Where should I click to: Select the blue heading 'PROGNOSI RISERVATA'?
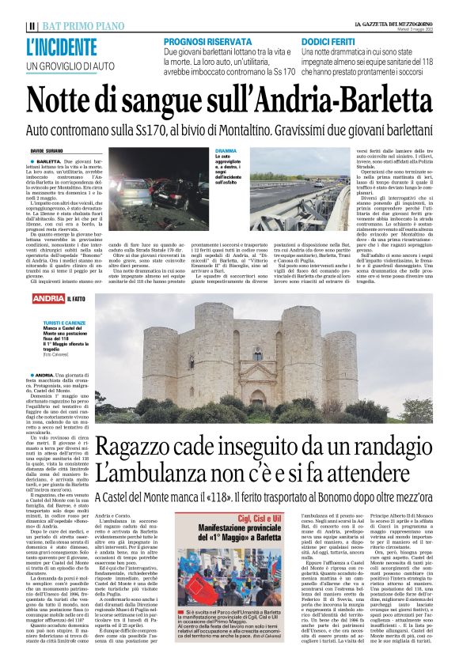pos(203,40)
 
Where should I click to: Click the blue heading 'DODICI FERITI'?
pos(328,40)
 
